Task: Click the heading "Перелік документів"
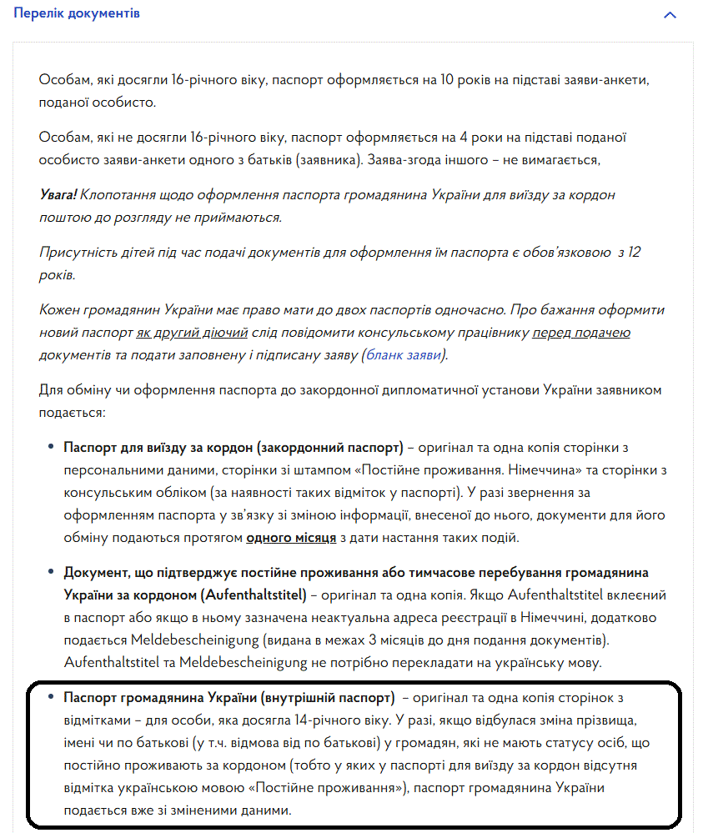pos(77,13)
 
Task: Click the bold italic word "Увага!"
pos(58,193)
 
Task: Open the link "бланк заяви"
pos(405,355)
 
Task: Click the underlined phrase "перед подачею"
pos(581,333)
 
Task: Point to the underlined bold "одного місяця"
pos(291,537)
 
